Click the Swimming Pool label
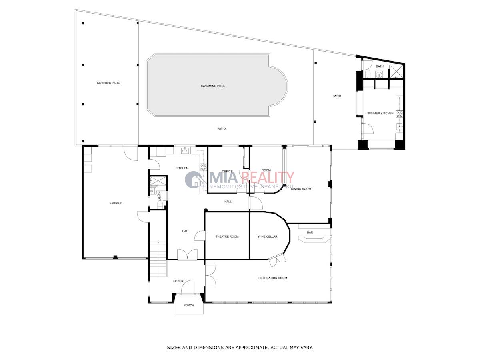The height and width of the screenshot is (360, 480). [213, 86]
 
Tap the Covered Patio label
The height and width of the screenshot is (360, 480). [108, 83]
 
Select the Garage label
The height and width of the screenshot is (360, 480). [116, 203]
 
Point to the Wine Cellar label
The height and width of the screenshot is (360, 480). [268, 236]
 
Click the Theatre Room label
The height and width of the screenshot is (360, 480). [227, 236]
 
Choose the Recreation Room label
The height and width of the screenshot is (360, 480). [273, 278]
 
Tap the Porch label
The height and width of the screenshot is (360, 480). [189, 305]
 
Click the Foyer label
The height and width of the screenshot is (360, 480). [178, 281]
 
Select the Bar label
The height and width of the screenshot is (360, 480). [310, 232]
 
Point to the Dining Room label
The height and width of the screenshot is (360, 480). [301, 189]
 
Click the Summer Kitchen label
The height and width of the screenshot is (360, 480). [380, 114]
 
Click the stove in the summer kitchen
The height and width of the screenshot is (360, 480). [400, 114]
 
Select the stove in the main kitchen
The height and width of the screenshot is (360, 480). [203, 168]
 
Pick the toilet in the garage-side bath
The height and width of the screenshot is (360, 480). [160, 205]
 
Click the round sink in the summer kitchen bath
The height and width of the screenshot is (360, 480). [379, 74]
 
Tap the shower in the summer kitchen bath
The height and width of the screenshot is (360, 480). [396, 72]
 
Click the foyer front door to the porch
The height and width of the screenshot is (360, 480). [188, 287]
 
